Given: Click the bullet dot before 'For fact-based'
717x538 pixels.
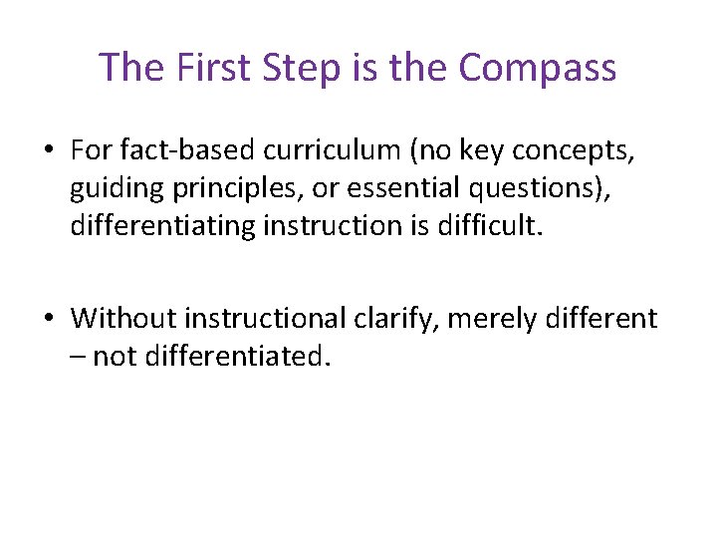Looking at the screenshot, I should click(48, 150).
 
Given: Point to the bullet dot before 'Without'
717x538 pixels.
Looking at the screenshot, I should click(48, 319).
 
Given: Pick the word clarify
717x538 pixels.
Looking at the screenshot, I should click(405, 319).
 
